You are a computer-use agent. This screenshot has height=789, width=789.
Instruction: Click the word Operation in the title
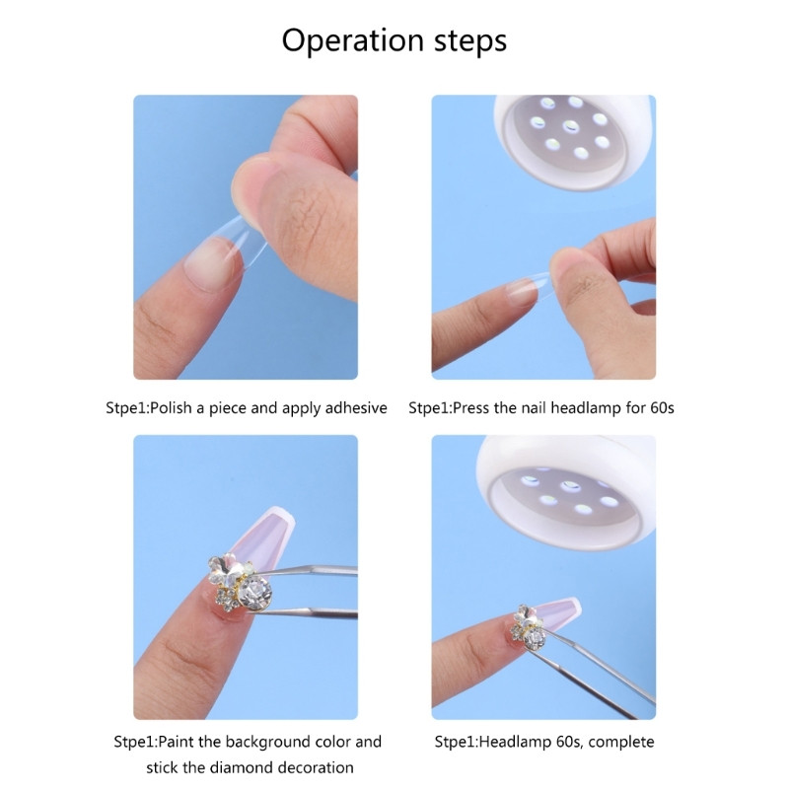point(352,41)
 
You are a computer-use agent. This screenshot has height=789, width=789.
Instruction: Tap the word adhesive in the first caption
point(356,407)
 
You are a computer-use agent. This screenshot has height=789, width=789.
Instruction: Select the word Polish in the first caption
point(171,407)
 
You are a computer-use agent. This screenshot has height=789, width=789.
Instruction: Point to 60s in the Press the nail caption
point(662,407)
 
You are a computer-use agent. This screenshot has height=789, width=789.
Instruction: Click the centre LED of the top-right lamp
point(571,126)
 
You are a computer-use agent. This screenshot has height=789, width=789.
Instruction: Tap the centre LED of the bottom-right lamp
point(571,486)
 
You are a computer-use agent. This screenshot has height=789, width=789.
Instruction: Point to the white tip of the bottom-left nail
point(278,522)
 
